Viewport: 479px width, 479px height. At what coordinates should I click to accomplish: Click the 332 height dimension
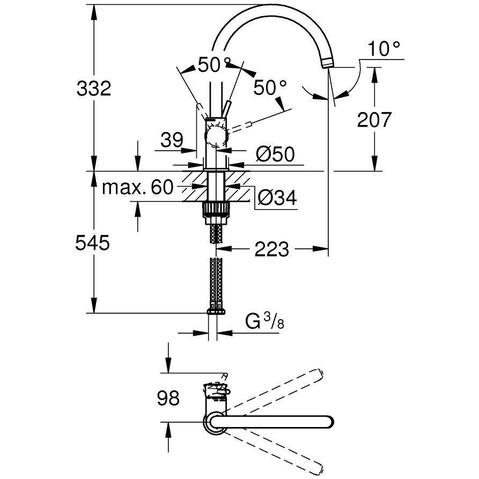tap(94, 88)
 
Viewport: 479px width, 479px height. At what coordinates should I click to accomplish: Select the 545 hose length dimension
tap(93, 243)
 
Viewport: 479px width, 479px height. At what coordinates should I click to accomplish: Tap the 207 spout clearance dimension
tap(375, 119)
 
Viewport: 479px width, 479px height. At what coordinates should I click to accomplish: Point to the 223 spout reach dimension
tap(272, 249)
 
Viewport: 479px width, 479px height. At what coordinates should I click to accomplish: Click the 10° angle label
tap(384, 50)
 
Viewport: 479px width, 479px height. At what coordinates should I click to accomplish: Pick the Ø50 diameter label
tap(275, 155)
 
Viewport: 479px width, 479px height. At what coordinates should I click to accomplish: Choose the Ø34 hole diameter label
tap(277, 198)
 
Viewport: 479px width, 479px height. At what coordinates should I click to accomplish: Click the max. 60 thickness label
tap(138, 187)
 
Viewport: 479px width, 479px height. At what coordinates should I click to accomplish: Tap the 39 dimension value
tap(172, 141)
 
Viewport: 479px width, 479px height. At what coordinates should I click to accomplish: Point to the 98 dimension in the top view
tap(169, 398)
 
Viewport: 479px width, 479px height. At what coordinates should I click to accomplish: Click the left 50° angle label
tap(214, 65)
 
